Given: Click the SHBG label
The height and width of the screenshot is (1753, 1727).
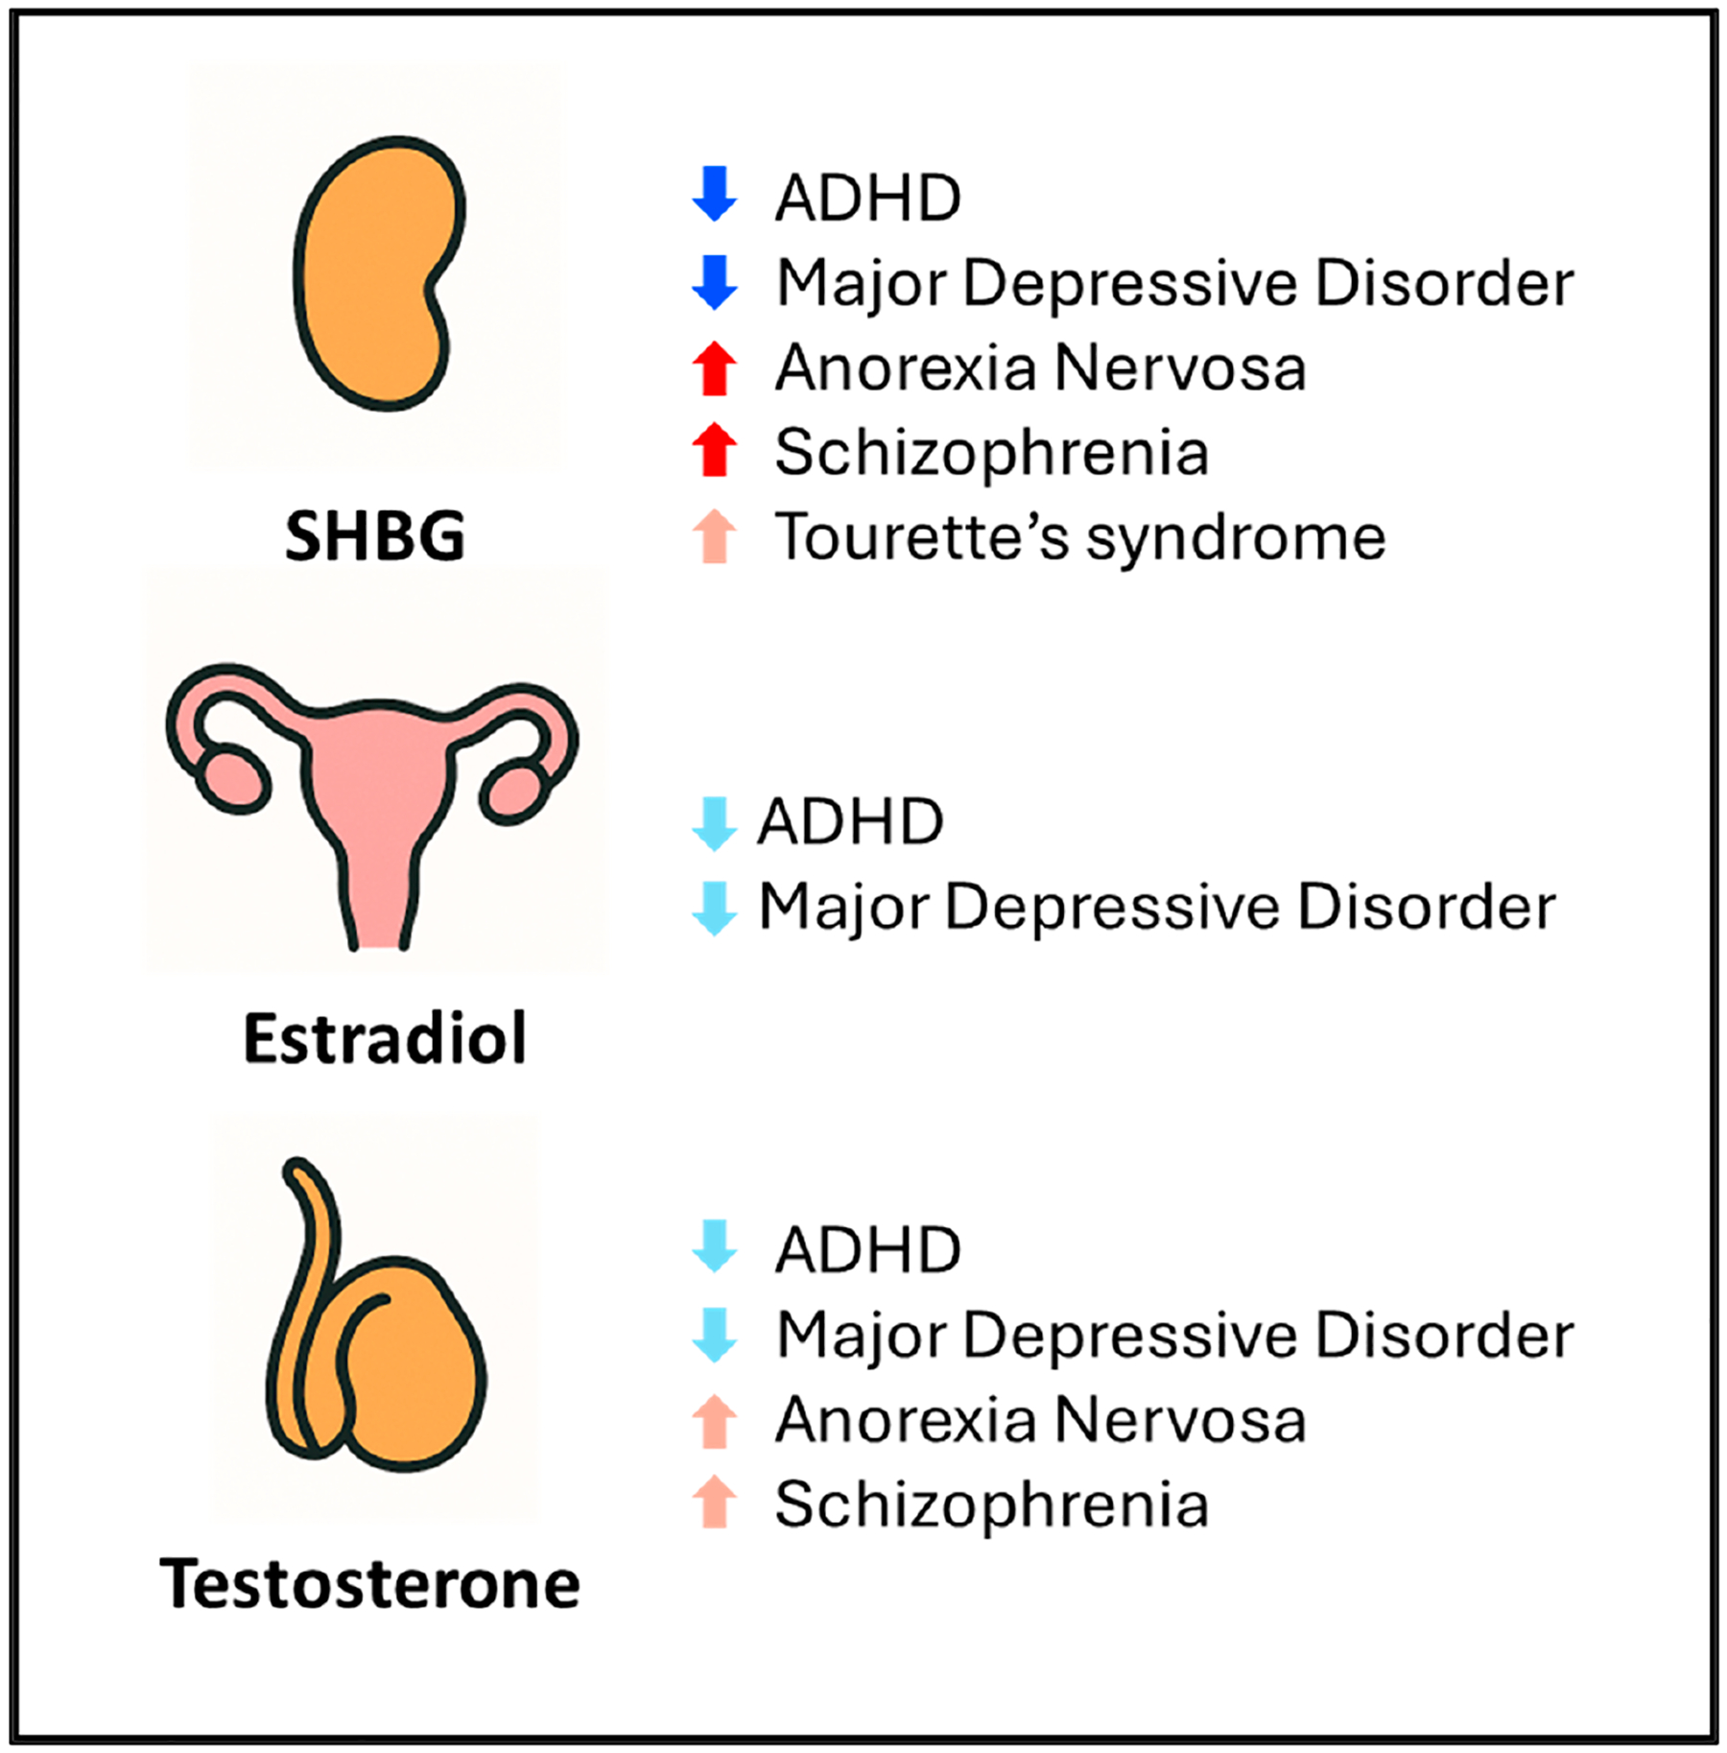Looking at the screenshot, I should [x=375, y=536].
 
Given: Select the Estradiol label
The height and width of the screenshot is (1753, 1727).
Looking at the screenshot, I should [x=385, y=1038].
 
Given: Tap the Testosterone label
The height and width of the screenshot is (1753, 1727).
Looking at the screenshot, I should [x=369, y=1583].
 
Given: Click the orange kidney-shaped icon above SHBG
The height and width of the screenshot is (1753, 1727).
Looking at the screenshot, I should [x=377, y=273].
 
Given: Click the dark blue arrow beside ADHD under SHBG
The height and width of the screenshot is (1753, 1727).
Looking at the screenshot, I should [x=715, y=194].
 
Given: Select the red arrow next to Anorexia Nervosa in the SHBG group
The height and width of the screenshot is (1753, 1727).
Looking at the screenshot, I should [x=715, y=368].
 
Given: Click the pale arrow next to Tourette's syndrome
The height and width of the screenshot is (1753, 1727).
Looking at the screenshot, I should [x=715, y=536].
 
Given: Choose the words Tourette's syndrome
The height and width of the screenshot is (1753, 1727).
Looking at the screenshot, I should [x=1080, y=536].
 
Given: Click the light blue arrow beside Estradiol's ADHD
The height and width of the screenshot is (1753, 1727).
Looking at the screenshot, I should [x=715, y=823].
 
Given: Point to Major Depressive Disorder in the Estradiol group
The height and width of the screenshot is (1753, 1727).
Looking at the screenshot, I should [x=1157, y=907].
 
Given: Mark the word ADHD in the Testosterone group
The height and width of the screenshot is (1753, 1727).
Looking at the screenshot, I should [x=868, y=1250].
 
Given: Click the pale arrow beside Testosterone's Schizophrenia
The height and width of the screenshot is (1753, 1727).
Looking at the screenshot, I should [x=715, y=1503].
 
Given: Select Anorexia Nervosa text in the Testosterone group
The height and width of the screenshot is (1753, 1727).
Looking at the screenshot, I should [x=1041, y=1420].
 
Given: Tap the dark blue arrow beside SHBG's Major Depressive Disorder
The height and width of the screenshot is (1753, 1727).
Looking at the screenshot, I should [x=715, y=283].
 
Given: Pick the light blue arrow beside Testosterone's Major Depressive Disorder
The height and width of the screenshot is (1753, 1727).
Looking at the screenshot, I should [x=715, y=1335].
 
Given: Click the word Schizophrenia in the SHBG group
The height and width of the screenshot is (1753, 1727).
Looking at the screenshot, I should [x=992, y=453].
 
